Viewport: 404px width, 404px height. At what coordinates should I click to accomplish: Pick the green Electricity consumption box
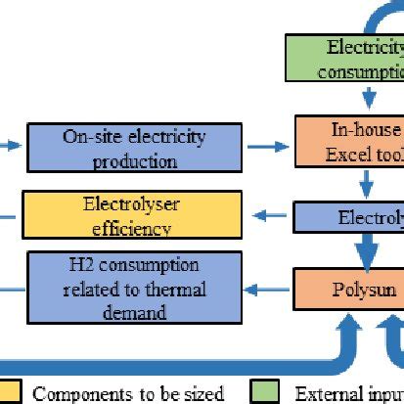click(x=346, y=59)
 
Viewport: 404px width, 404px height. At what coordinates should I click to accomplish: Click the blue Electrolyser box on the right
click(x=350, y=217)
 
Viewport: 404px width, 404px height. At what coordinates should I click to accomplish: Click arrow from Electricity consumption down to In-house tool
click(x=367, y=98)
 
